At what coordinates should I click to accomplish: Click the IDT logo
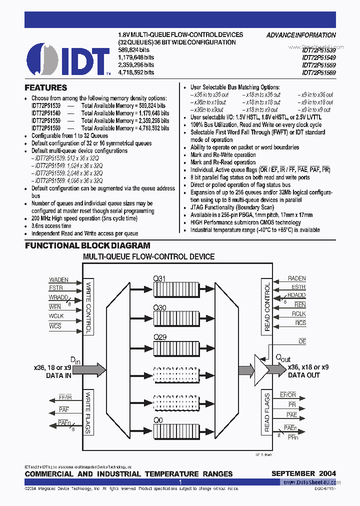tap(68, 59)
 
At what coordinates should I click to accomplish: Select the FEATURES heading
tap(45, 87)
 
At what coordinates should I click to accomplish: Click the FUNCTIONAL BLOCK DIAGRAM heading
tap(87, 245)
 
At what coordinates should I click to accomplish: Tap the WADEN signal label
tap(58, 280)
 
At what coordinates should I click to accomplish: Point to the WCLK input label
tap(56, 316)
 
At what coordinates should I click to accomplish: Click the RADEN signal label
tap(296, 278)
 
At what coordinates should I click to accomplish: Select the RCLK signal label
tap(299, 314)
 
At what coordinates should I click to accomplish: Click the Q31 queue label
tap(159, 279)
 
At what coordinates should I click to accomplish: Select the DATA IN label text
tap(58, 375)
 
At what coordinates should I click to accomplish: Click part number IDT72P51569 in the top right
tap(318, 72)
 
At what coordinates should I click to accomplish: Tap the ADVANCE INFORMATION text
tap(301, 35)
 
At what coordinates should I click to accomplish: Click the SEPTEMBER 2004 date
tap(303, 473)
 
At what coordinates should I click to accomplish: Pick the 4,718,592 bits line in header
tap(135, 72)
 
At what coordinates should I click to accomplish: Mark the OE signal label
tap(302, 341)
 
